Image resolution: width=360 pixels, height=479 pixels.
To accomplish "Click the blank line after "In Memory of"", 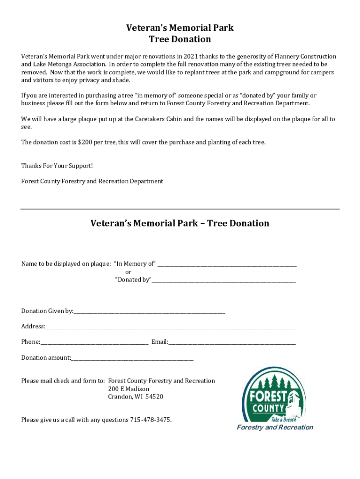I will pos(227,264).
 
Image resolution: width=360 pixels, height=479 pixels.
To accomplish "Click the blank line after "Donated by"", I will pos(223,281).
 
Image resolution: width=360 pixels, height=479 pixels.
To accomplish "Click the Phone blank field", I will pos(94,342).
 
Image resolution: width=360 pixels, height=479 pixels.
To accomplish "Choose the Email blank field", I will pos(232,342).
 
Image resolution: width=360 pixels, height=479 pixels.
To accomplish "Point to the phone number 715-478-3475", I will pos(150,420).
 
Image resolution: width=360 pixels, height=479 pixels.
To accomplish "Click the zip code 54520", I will pos(154,397).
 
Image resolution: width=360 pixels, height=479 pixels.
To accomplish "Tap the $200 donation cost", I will pos(86,142).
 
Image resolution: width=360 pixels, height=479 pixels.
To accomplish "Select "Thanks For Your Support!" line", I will pos(57,166).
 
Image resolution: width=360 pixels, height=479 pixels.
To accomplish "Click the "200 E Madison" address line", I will pos(129,389).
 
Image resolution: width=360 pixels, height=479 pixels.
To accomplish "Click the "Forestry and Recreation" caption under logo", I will pos(275,427).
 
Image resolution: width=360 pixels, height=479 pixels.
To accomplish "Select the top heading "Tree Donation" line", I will pos(180,39).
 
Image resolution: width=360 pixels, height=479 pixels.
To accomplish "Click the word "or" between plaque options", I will pos(128,272).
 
